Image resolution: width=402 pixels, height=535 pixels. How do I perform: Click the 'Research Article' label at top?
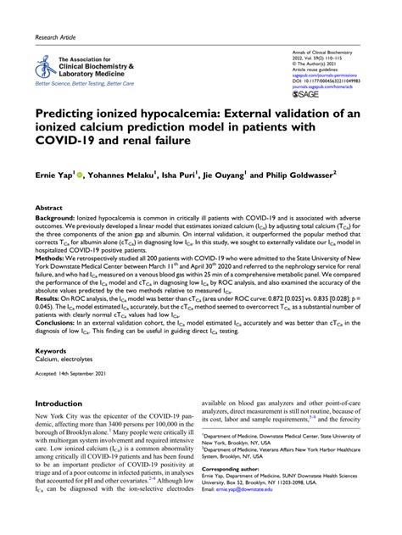55,38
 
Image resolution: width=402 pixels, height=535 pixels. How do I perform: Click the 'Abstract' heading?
48,206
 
